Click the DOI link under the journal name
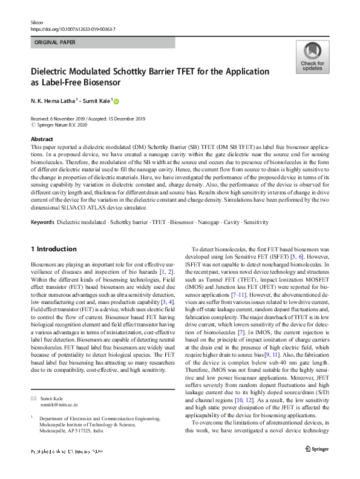[x=73, y=28]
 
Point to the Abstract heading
[x=42, y=139]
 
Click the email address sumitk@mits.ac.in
[x=59, y=405]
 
